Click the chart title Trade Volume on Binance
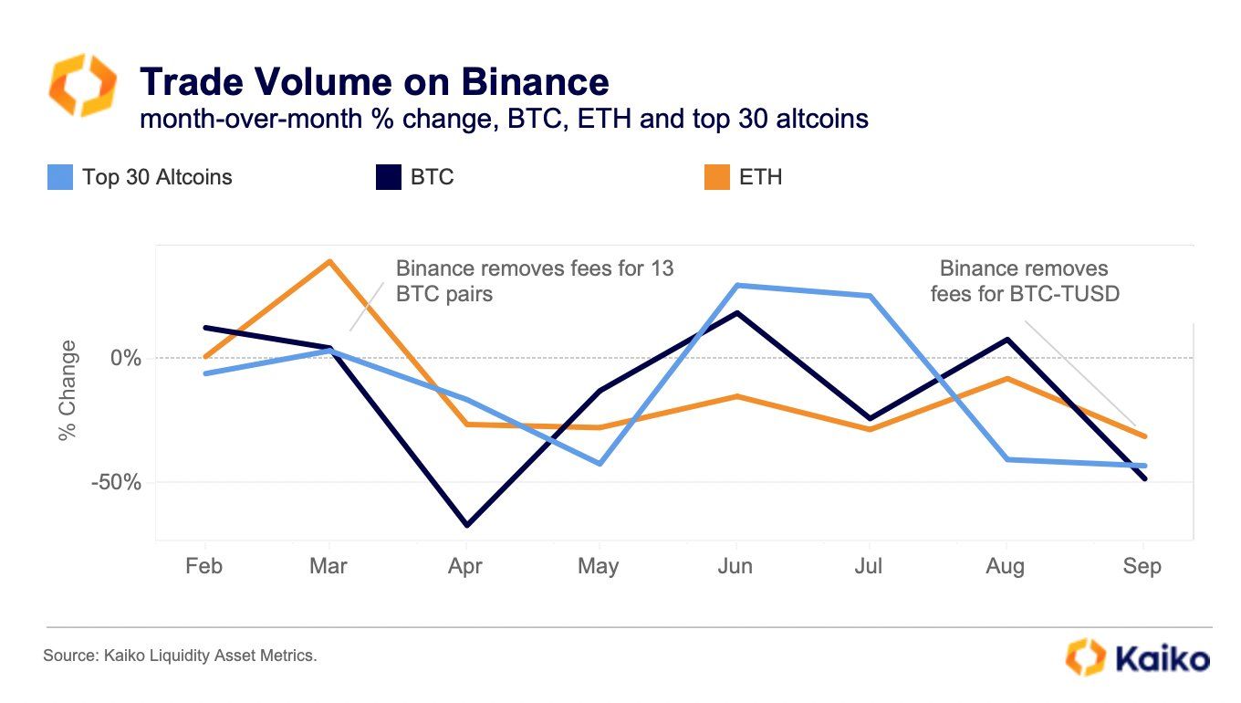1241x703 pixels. click(x=374, y=82)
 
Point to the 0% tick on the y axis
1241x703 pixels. click(x=125, y=358)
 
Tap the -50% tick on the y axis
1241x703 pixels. click(x=116, y=482)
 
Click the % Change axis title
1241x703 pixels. click(x=68, y=391)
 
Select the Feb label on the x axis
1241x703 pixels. click(x=203, y=566)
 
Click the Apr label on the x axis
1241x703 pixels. click(x=465, y=566)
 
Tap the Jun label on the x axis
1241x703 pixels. click(x=735, y=566)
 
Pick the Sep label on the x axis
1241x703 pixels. click(x=1142, y=566)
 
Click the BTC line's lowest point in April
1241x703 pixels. click(x=465, y=525)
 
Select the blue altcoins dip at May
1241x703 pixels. click(x=600, y=464)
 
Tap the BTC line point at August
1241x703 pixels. click(x=1006, y=340)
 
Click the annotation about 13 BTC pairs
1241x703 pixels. click(x=534, y=281)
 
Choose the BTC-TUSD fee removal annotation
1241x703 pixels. click(x=1023, y=281)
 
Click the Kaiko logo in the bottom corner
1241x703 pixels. click(x=1138, y=657)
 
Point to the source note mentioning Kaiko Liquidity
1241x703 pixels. click(x=180, y=656)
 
